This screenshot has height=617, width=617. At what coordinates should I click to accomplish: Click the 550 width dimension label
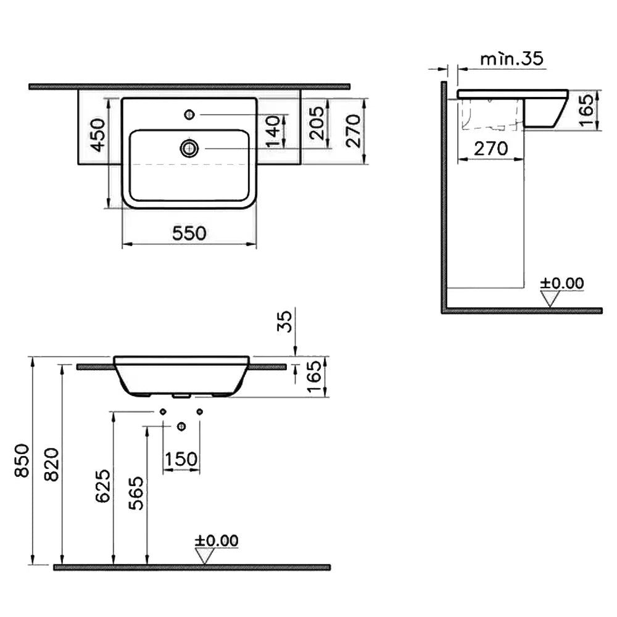[189, 233]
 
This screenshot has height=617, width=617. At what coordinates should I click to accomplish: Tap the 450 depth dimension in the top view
[98, 135]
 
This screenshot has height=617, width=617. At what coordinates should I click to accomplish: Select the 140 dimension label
[273, 131]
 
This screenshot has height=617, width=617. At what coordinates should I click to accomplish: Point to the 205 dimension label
[317, 123]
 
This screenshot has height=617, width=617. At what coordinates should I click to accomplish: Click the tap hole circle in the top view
[189, 115]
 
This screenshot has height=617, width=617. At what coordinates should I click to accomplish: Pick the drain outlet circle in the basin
[189, 148]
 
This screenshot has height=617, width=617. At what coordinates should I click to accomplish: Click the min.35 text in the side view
[511, 59]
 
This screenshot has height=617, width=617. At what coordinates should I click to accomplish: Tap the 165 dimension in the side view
[586, 110]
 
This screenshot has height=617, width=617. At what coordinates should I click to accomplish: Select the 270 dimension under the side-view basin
[491, 149]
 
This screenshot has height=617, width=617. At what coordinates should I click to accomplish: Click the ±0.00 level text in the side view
[562, 283]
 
